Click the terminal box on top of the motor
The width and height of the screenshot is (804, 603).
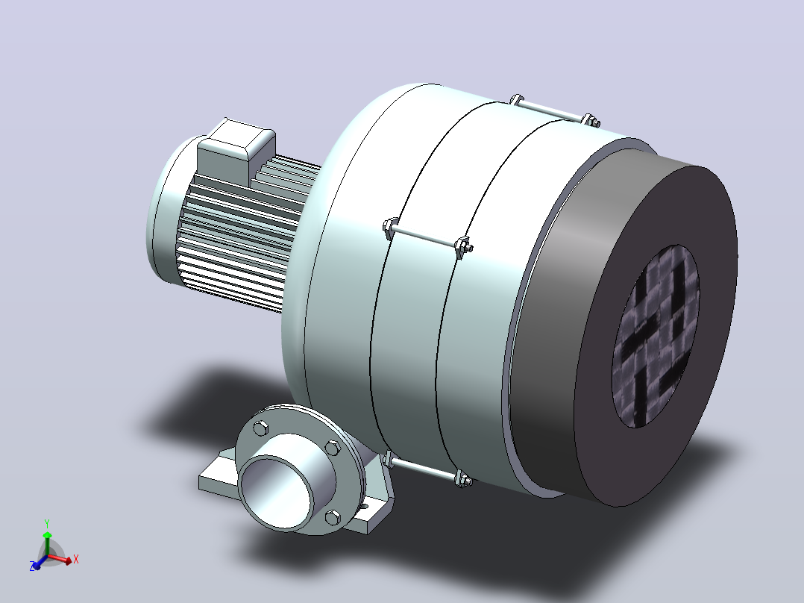[236, 149]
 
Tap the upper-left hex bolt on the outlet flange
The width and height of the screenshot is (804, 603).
[261, 428]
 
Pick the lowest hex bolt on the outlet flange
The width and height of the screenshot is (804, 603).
[333, 518]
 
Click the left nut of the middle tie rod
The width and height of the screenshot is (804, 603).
[390, 228]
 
